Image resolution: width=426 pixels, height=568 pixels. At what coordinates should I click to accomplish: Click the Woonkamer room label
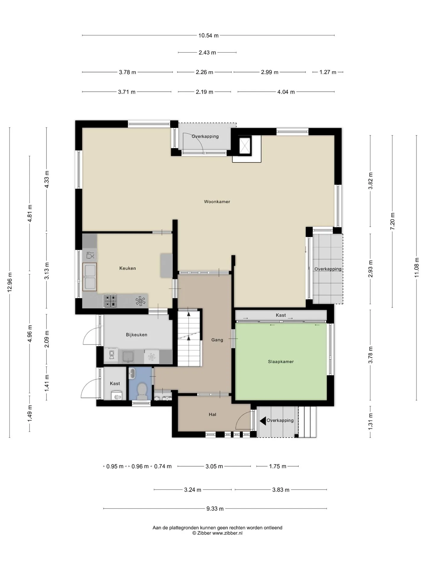[217, 202]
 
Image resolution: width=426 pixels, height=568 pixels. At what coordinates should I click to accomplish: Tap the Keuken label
[128, 268]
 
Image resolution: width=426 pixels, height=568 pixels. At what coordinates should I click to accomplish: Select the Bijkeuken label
[136, 335]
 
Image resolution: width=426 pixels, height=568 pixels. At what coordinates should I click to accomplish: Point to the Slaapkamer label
[281, 362]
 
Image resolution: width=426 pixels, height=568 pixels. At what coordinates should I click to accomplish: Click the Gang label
[217, 340]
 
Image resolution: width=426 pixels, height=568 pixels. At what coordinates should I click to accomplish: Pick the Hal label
[212, 414]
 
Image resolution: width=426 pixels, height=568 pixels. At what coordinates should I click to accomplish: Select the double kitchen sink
[90, 277]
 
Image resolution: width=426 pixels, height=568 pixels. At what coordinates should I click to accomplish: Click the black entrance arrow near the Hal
[263, 421]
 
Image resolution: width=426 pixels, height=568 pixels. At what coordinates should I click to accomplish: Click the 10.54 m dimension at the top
[208, 35]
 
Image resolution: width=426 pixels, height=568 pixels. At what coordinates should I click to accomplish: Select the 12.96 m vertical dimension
[10, 282]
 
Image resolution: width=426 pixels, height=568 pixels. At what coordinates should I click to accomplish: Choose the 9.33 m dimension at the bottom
[215, 509]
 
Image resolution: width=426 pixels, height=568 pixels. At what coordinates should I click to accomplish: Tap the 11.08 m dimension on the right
[417, 267]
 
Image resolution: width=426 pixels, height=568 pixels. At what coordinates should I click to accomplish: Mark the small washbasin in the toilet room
[132, 373]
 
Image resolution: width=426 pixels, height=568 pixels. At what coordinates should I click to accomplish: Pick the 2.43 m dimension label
[207, 53]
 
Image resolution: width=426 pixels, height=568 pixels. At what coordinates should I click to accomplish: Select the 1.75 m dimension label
[277, 467]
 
